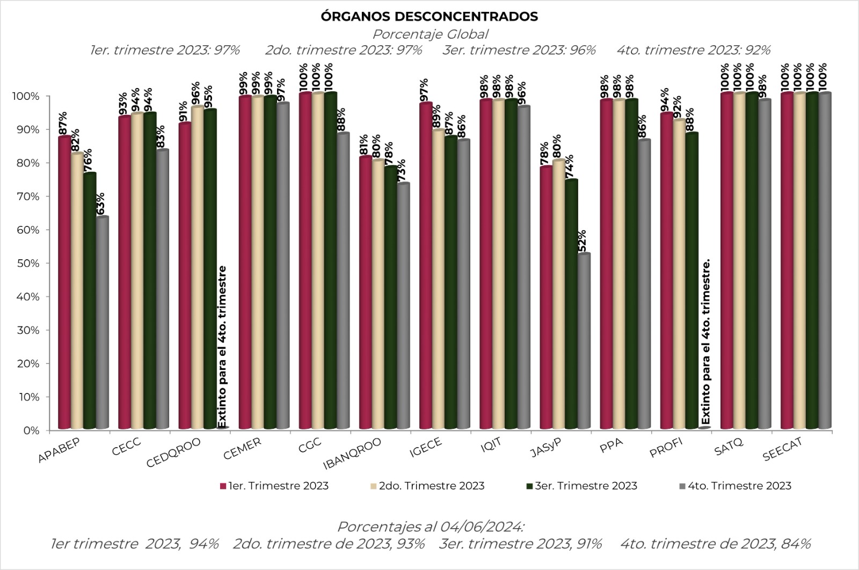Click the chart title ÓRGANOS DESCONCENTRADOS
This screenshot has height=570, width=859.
(429, 17)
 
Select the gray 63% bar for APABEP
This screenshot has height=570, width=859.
(103, 323)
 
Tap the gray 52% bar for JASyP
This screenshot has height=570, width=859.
(584, 341)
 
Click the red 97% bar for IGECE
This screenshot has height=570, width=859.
(426, 265)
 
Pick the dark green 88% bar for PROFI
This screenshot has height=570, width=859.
(692, 281)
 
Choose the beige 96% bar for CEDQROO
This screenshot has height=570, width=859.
(198, 267)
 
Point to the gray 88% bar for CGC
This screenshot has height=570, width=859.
(343, 281)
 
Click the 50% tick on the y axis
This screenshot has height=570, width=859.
(28, 264)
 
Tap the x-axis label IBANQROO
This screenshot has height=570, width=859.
(352, 454)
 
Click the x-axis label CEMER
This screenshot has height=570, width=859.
(242, 448)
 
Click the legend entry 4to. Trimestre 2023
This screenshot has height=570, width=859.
(735, 486)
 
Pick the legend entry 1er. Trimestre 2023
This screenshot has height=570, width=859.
(274, 486)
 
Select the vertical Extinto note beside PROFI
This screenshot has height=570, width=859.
(705, 341)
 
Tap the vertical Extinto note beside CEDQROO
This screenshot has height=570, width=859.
(222, 347)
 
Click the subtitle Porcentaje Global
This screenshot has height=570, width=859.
(430, 34)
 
